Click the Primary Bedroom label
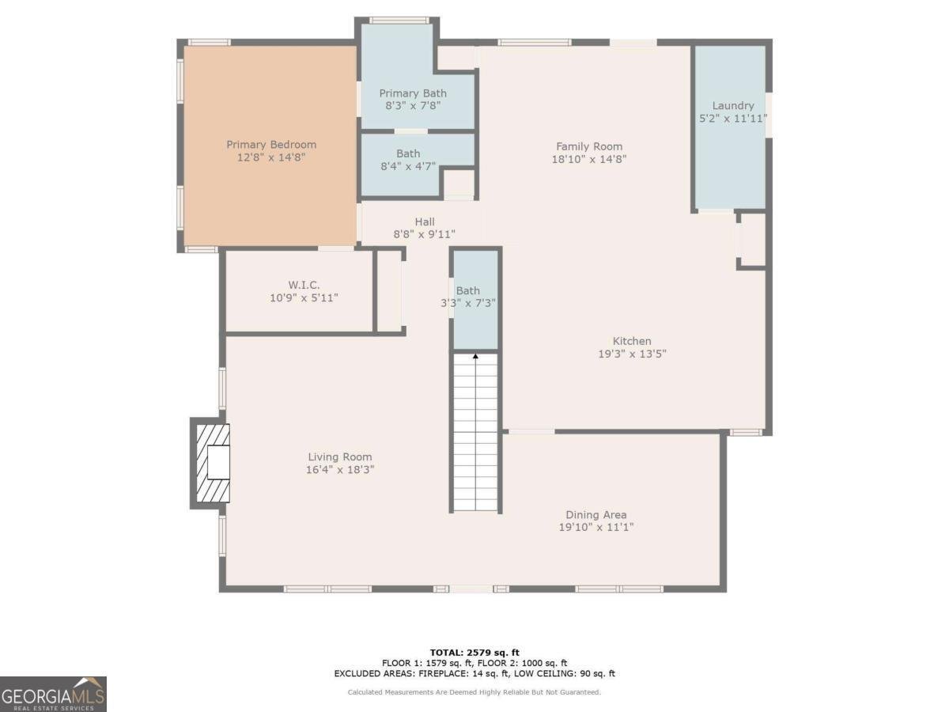click(x=271, y=145)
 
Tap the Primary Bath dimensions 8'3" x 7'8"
click(x=412, y=104)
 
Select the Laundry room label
click(x=733, y=106)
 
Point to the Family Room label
click(x=589, y=146)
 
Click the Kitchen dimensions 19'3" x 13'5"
click(x=632, y=354)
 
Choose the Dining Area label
click(x=596, y=515)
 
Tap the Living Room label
click(x=340, y=457)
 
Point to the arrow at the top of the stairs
click(x=476, y=358)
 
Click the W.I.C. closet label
click(x=304, y=285)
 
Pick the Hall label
click(x=425, y=222)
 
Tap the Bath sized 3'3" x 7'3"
click(x=468, y=297)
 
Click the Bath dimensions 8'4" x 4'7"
click(x=409, y=166)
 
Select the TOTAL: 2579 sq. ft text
click(x=475, y=652)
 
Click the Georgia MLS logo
click(x=53, y=694)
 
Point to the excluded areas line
click(x=475, y=674)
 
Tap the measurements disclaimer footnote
click(x=475, y=692)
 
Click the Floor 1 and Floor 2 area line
click(x=475, y=663)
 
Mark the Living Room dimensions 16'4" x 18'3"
click(x=340, y=469)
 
